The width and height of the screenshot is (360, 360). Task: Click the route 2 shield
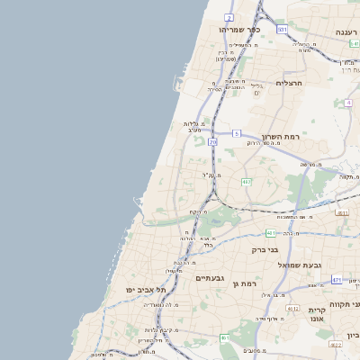pos(229,17)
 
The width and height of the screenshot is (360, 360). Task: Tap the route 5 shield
pos(236,133)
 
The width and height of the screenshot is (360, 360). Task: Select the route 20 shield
pos(212,142)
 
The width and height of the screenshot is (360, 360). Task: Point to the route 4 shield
pos(348,103)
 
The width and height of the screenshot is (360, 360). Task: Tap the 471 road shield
pos(337,280)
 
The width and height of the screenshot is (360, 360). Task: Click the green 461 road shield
pos(225,337)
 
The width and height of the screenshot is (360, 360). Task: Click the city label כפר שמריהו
pos(239,30)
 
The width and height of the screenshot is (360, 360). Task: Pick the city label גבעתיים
pos(215,278)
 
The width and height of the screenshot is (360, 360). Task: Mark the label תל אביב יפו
pos(148,290)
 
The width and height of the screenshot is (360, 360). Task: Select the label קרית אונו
pos(317,315)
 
